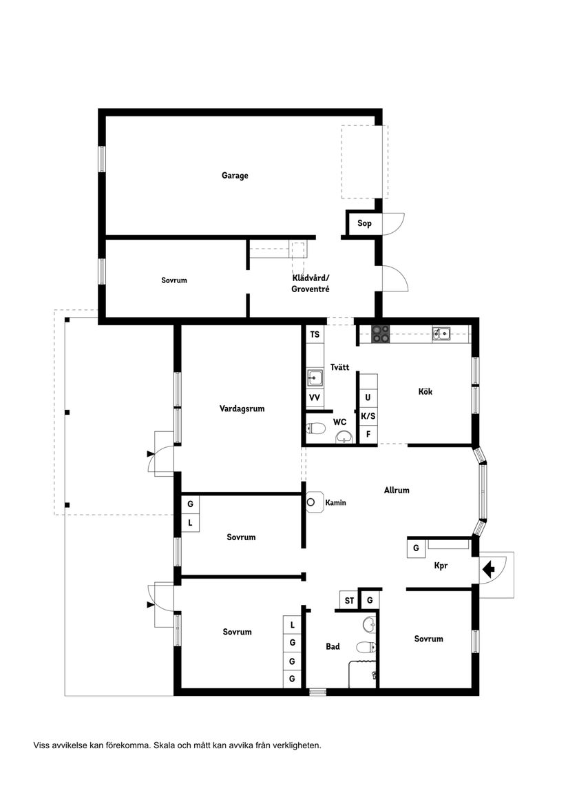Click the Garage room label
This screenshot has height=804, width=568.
tap(235, 176)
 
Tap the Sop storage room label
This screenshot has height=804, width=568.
tap(364, 223)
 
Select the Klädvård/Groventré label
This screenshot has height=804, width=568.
tap(311, 284)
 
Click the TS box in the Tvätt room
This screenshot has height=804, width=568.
tap(315, 335)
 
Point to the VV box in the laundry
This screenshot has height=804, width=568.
tap(315, 398)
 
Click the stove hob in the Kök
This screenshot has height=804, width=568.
tap(381, 334)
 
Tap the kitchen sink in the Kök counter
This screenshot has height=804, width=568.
tap(441, 334)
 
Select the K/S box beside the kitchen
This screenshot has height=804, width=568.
tap(368, 416)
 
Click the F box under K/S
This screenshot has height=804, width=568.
tap(368, 435)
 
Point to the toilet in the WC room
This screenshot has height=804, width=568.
tap(316, 429)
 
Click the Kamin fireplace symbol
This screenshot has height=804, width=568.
tap(315, 502)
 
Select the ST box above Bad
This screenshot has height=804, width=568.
tap(349, 601)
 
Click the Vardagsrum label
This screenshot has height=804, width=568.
tap(242, 409)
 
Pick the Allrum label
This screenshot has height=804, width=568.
tap(397, 491)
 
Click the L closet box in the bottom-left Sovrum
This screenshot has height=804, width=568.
tap(293, 625)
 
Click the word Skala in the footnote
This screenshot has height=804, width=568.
tap(165, 745)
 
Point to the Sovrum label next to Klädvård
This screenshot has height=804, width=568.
tap(174, 280)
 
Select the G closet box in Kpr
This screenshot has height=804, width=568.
tap(416, 548)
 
